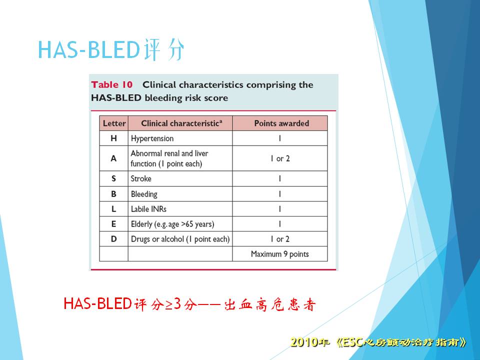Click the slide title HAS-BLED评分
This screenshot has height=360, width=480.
click(x=111, y=49)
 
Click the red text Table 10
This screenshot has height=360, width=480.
click(x=111, y=84)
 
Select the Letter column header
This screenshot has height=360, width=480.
click(x=114, y=123)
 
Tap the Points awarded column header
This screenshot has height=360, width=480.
click(x=281, y=123)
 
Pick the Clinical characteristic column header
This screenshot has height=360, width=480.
click(x=181, y=123)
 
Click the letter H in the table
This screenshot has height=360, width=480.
click(x=113, y=138)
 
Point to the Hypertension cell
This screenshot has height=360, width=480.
click(x=152, y=138)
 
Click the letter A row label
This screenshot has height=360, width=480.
click(x=113, y=158)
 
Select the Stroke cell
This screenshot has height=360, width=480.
click(x=141, y=178)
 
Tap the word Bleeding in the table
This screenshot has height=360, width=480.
click(x=144, y=194)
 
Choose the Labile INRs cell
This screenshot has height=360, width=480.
click(x=148, y=209)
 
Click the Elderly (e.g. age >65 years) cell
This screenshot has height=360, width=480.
click(x=172, y=224)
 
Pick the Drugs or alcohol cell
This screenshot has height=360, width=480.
click(x=180, y=239)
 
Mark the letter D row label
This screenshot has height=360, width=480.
click(x=113, y=239)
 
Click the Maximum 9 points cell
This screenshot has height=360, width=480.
click(x=280, y=254)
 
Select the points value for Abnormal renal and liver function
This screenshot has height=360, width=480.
click(x=280, y=158)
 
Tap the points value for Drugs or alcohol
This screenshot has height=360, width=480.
click(x=280, y=239)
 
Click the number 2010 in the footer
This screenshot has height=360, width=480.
click(x=303, y=342)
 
